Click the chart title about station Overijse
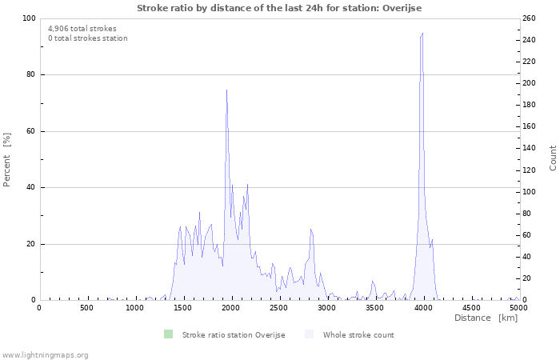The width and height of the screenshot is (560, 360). click(279, 8)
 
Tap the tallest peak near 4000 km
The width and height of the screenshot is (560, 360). click(422, 34)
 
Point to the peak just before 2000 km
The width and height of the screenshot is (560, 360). click(226, 90)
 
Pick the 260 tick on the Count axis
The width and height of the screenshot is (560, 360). click(529, 18)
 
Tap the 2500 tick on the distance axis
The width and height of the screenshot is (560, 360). click(278, 308)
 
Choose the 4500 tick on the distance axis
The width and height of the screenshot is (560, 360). click(470, 308)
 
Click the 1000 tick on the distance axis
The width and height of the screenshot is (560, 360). click(134, 308)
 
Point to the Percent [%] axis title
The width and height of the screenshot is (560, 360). click(7, 159)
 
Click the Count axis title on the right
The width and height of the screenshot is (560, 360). click(553, 158)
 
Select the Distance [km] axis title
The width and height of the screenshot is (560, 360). click(486, 318)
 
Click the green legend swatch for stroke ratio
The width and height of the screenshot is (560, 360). click(167, 334)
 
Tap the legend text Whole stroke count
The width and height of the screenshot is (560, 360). click(358, 335)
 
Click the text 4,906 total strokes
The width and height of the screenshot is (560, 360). click(82, 28)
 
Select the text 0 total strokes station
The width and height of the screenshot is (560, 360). click(87, 38)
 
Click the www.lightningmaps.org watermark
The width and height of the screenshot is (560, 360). click(45, 355)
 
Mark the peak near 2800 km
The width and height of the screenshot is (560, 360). click(310, 230)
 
